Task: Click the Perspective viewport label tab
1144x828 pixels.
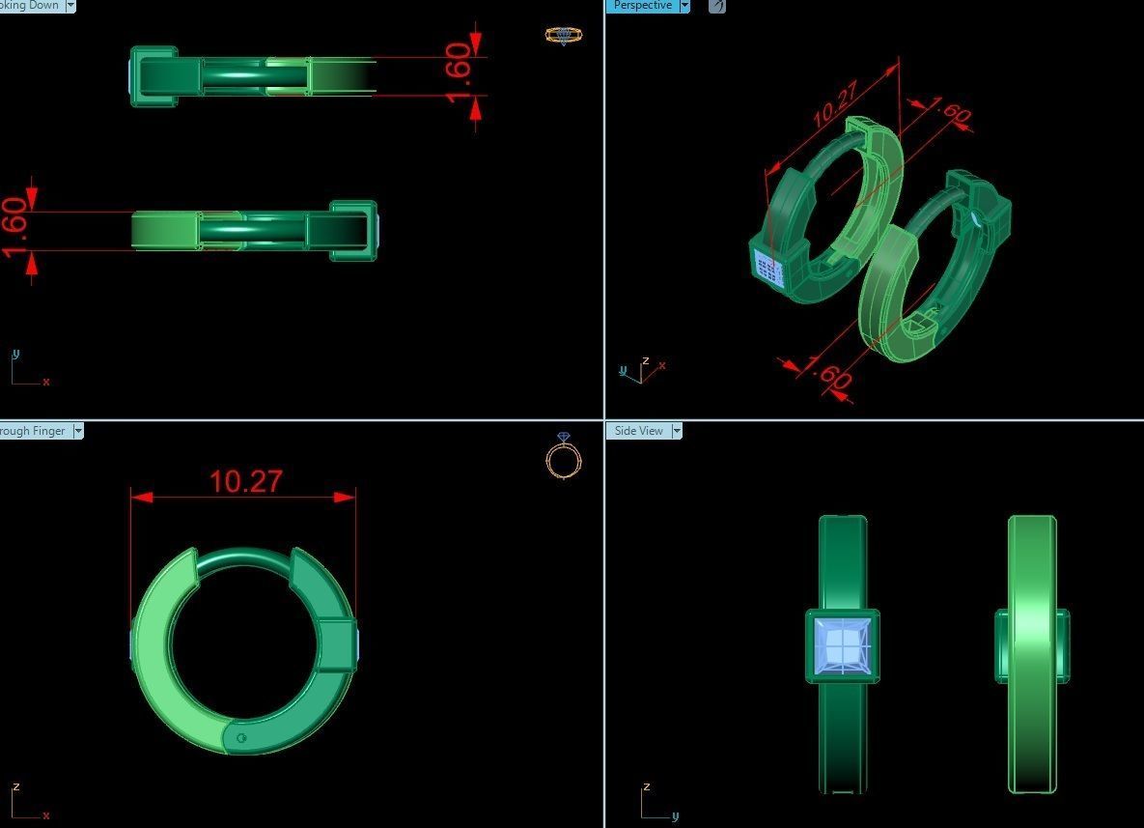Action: [x=642, y=6]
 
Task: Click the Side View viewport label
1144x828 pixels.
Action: [x=638, y=431]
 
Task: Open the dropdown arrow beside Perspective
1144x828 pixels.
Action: [x=684, y=6]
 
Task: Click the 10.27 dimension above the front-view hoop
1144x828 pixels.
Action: [x=245, y=481]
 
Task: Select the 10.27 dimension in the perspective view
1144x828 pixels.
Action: [x=835, y=105]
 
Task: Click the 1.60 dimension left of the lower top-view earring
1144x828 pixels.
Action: [x=15, y=228]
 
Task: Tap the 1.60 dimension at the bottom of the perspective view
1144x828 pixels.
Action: [x=828, y=374]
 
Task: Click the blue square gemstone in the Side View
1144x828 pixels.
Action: [x=843, y=645]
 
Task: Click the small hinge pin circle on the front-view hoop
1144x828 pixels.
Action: [x=240, y=739]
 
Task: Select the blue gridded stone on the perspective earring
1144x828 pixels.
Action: [x=768, y=266]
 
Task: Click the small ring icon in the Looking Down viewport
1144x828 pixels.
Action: [x=563, y=36]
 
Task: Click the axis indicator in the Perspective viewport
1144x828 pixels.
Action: [x=640, y=370]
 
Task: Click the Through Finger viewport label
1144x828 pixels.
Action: [x=34, y=431]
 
